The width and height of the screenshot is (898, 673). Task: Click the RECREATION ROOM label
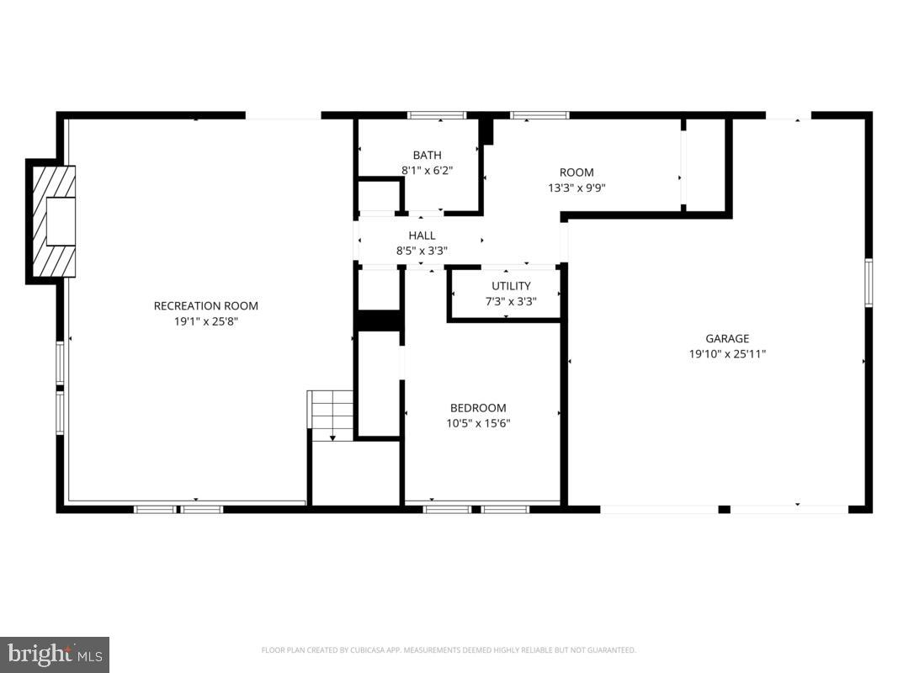click(x=205, y=306)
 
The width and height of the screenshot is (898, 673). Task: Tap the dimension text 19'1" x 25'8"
click(x=205, y=321)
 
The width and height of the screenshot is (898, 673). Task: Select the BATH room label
click(x=427, y=156)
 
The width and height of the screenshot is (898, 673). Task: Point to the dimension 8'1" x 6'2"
click(x=427, y=171)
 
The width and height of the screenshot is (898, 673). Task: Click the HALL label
click(x=422, y=236)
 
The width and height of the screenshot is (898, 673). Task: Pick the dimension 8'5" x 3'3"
click(x=422, y=251)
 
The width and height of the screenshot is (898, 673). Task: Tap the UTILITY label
click(x=511, y=286)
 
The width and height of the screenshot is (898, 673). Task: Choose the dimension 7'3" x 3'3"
click(x=511, y=301)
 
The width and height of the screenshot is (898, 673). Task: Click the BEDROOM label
click(x=478, y=408)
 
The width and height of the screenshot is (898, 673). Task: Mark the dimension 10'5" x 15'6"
click(x=478, y=423)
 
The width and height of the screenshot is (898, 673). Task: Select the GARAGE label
click(x=727, y=339)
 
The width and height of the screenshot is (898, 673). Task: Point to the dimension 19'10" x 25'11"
click(x=727, y=354)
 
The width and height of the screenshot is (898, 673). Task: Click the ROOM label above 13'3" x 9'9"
click(x=577, y=173)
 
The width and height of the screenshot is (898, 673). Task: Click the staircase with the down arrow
click(x=332, y=414)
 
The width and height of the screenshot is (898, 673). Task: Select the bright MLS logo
click(x=55, y=654)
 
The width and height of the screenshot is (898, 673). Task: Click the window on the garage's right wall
click(x=868, y=283)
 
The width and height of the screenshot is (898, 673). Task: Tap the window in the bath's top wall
click(x=437, y=115)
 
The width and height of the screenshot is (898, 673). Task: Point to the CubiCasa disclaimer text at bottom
click(x=449, y=650)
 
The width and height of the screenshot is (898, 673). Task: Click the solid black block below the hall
click(x=378, y=321)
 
